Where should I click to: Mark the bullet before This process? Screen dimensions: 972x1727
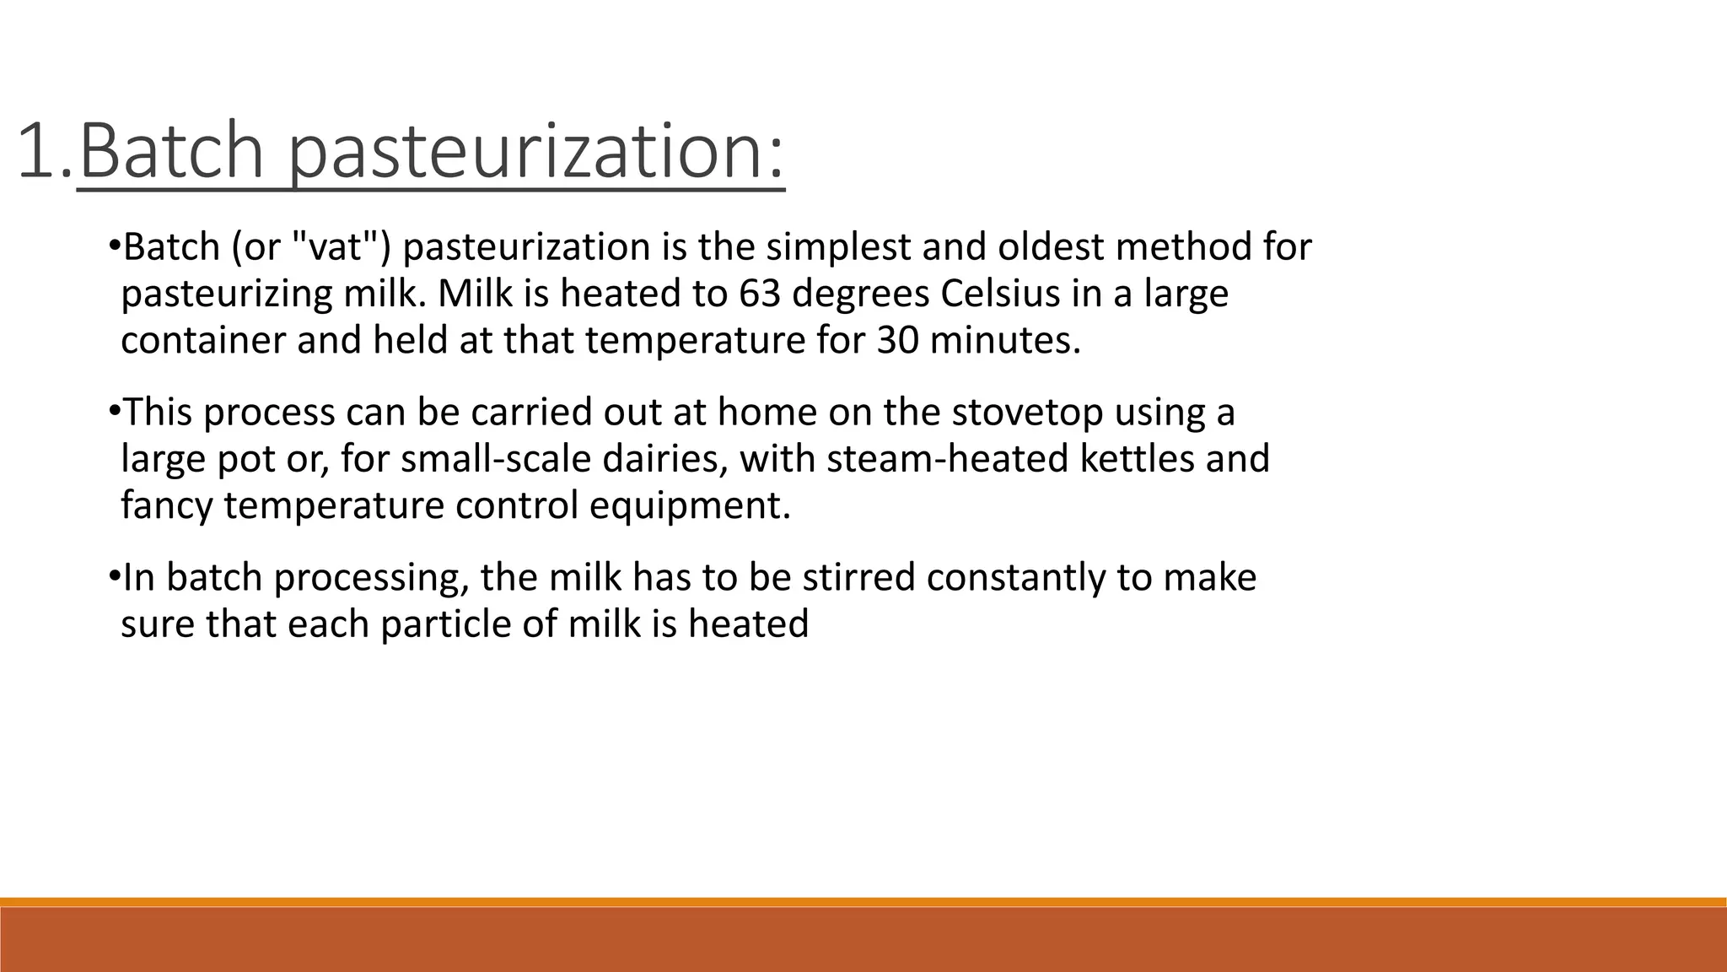[x=114, y=413]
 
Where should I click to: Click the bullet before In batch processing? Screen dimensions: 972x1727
[x=114, y=578]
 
